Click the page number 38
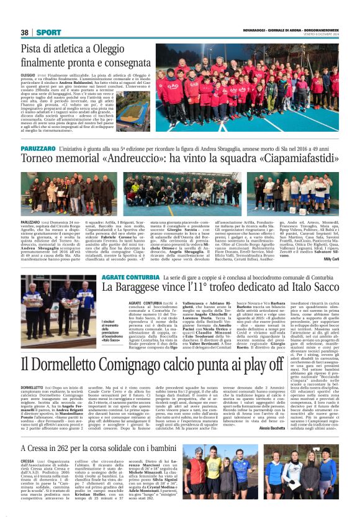coord(25,32)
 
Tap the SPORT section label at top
coord(48,32)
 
